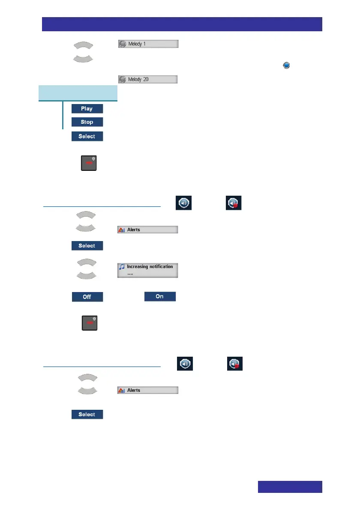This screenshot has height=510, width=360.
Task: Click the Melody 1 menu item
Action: (148, 44)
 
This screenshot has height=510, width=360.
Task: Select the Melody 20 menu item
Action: (148, 79)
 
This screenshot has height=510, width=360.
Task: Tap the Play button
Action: (87, 108)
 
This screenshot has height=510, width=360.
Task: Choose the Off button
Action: (87, 296)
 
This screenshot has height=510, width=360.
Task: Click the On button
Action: (159, 296)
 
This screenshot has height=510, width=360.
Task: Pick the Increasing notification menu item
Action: (148, 270)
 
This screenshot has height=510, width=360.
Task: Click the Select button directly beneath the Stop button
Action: (87, 137)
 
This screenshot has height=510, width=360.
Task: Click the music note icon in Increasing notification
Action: (122, 266)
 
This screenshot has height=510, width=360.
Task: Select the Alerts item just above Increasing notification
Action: (148, 230)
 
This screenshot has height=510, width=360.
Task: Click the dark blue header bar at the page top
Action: (182, 24)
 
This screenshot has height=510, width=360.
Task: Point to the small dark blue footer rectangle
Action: (290, 487)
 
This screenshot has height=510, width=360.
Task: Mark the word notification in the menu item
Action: (159, 266)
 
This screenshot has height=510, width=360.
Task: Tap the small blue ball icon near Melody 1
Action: (287, 65)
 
